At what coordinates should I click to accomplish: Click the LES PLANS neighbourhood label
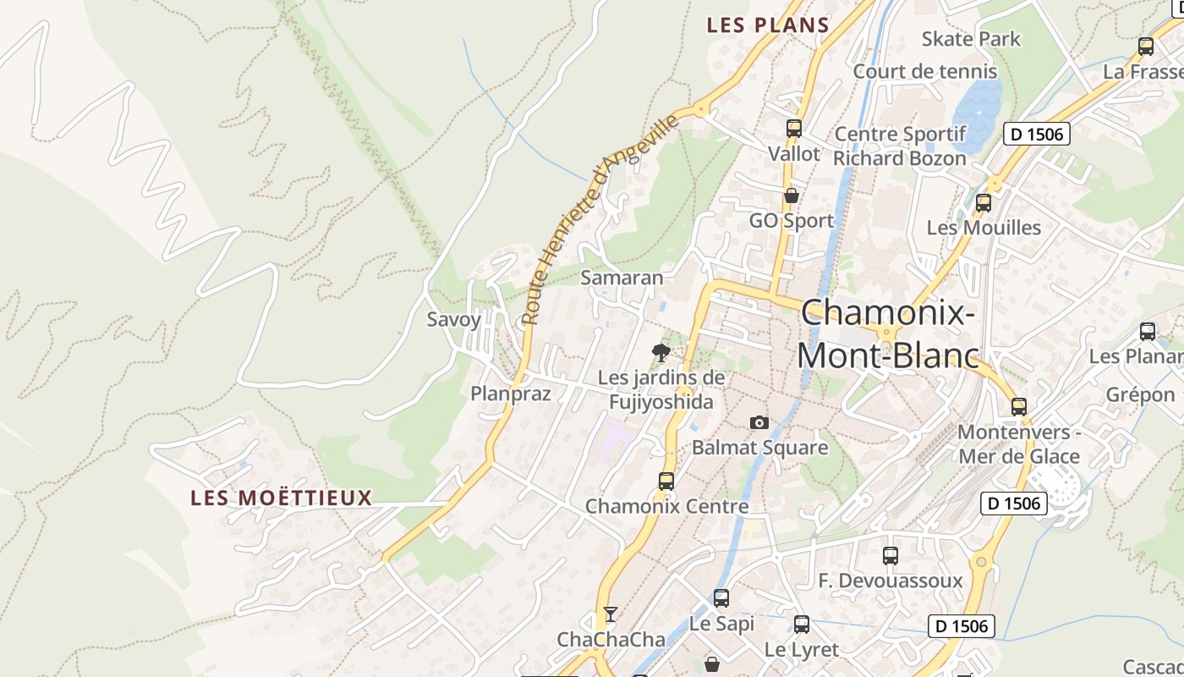[x=768, y=25]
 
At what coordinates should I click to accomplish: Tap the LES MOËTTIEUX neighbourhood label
[x=281, y=498]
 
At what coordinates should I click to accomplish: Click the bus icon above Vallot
[x=793, y=129]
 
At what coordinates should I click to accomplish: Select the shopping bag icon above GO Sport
[x=791, y=195]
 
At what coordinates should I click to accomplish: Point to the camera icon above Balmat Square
[x=759, y=422]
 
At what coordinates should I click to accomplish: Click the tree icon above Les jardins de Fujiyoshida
[x=661, y=352]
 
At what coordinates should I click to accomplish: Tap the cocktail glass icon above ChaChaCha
[x=611, y=614]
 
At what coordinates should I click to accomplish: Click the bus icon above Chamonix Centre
[x=666, y=482]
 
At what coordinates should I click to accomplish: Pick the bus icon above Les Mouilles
[x=983, y=203]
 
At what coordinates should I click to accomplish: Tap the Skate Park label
[x=971, y=39]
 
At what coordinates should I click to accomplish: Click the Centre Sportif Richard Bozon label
[x=900, y=146]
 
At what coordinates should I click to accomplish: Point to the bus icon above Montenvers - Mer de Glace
[x=1019, y=407]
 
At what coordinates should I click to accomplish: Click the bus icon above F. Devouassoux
[x=890, y=556]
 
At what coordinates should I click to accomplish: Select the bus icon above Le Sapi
[x=721, y=598]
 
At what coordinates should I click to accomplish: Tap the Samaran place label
[x=622, y=278]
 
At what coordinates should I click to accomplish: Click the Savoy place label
[x=453, y=320]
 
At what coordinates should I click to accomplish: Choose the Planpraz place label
[x=510, y=394]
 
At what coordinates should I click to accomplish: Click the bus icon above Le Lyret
[x=801, y=625]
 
